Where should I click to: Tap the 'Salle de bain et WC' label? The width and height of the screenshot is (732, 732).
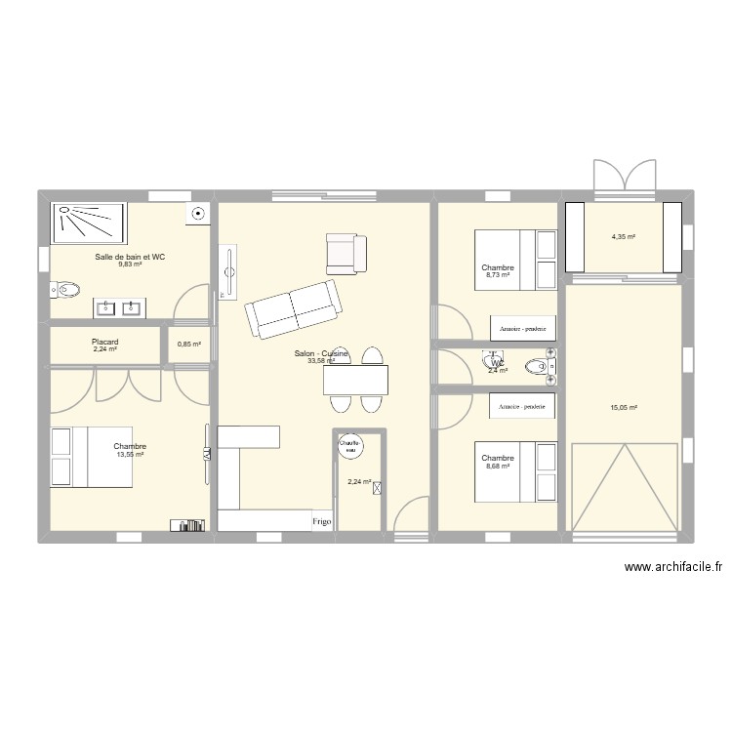click(130, 257)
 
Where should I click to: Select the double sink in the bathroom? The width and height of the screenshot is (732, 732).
click(119, 308)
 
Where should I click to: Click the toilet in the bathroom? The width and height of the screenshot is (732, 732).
click(64, 290)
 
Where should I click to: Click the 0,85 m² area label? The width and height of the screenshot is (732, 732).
click(189, 344)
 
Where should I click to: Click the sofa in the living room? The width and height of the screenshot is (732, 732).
click(293, 307)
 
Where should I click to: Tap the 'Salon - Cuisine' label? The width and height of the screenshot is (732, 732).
click(321, 354)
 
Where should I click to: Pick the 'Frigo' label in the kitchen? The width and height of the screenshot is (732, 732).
click(322, 522)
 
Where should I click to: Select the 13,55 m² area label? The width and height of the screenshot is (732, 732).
click(130, 454)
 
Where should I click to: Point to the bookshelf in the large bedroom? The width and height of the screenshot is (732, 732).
click(187, 525)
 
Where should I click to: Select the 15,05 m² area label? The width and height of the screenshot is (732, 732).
click(623, 408)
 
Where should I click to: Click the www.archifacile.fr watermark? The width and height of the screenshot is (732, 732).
click(672, 568)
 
